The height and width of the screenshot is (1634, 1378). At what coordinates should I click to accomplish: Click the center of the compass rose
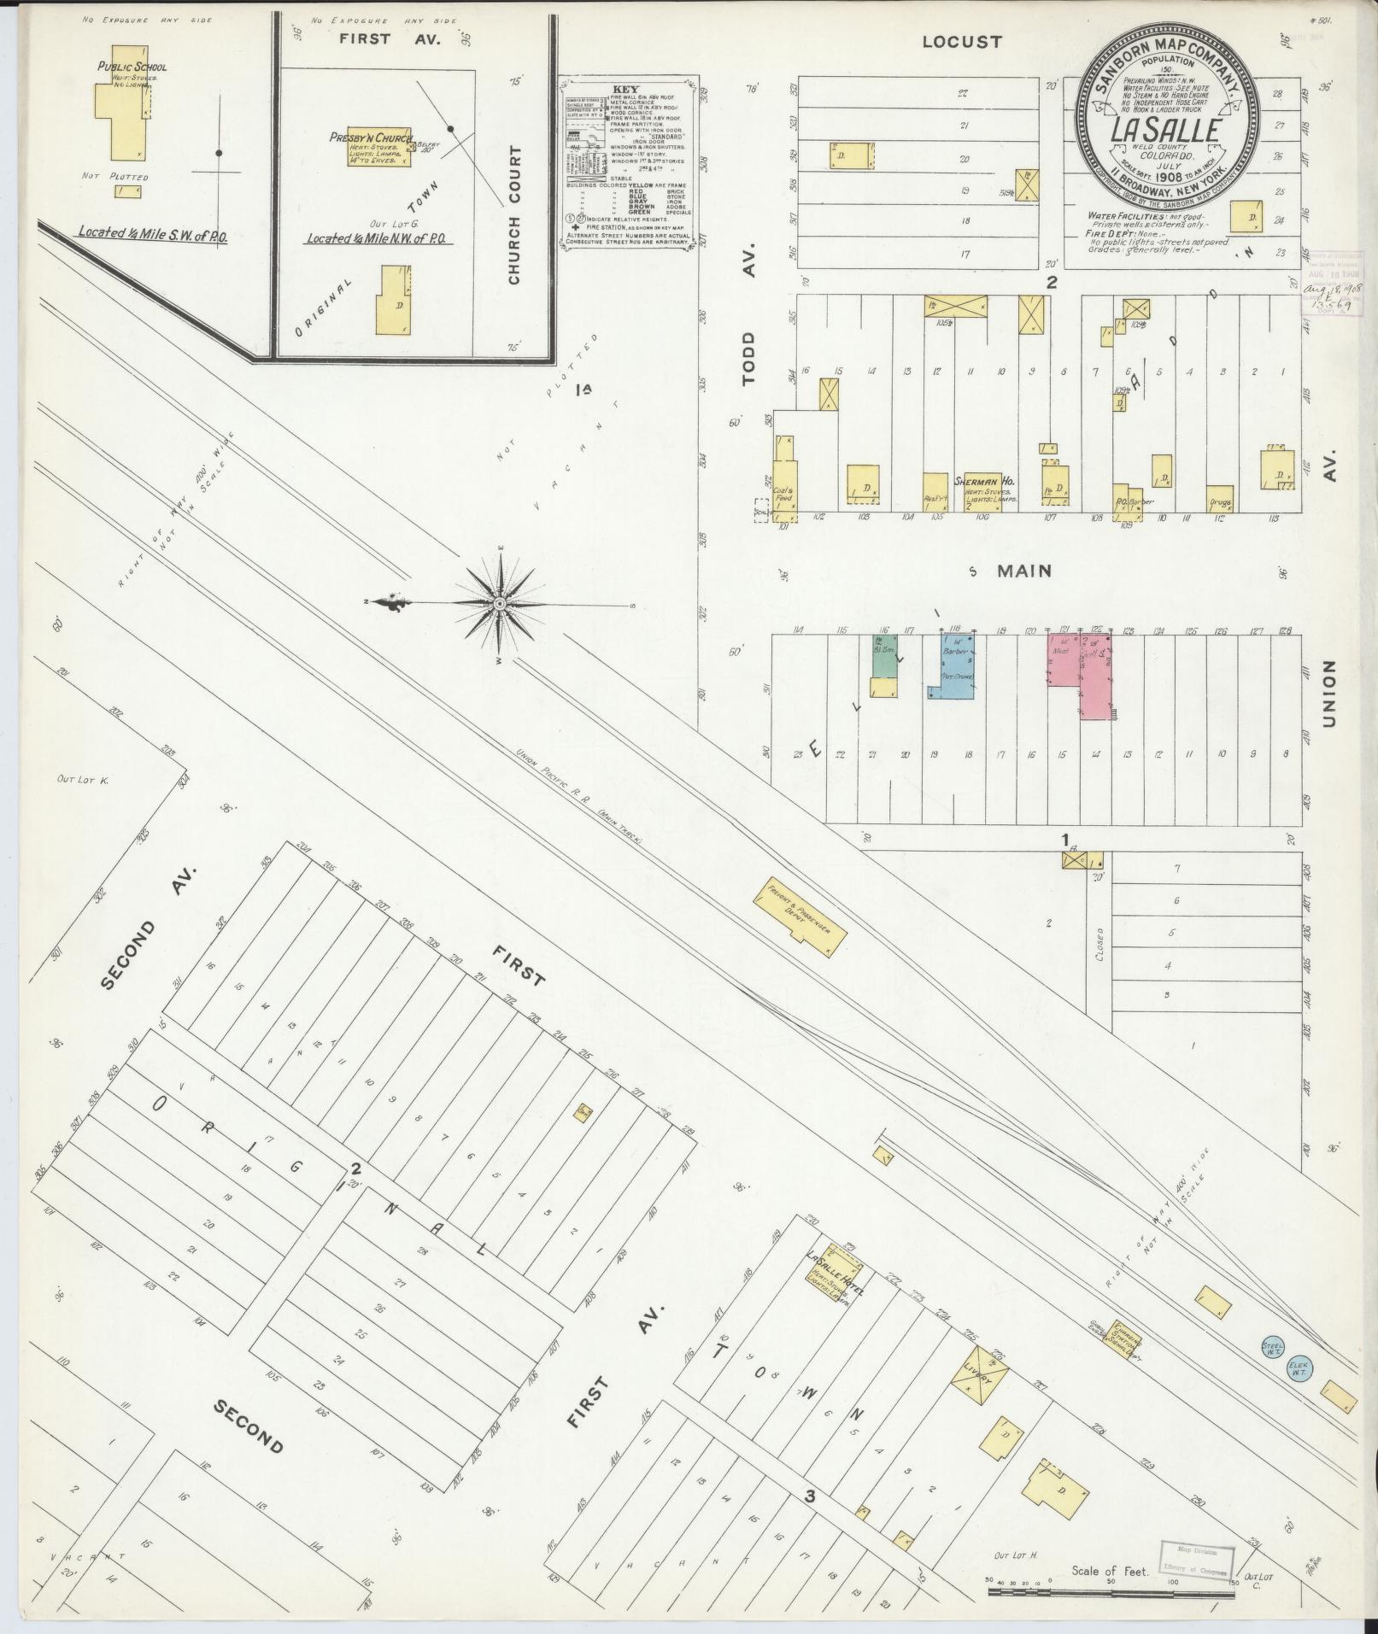(x=499, y=604)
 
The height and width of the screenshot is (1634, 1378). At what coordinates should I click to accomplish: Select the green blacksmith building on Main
(x=883, y=656)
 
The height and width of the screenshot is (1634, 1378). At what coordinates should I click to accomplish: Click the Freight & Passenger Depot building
(x=800, y=917)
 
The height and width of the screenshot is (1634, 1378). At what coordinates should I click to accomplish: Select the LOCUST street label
(x=961, y=40)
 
